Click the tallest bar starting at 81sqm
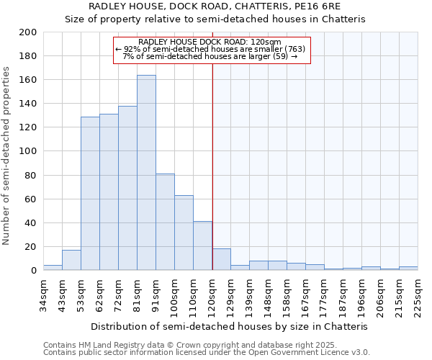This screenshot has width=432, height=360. (146, 173)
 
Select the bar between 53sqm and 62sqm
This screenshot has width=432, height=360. (90, 193)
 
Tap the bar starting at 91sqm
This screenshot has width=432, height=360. (165, 222)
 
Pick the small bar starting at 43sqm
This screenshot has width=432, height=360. (71, 260)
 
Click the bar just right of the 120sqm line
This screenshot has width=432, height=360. (221, 259)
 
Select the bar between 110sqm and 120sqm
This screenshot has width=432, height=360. (202, 246)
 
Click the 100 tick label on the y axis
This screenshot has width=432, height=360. (28, 151)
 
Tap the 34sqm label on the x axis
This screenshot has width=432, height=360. (43, 292)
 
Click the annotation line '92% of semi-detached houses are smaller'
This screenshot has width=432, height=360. (211, 49)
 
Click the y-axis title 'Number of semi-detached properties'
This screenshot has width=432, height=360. (7, 155)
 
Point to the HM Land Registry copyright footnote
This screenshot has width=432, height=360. (205, 345)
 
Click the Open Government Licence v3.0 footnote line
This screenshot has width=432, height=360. (207, 352)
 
